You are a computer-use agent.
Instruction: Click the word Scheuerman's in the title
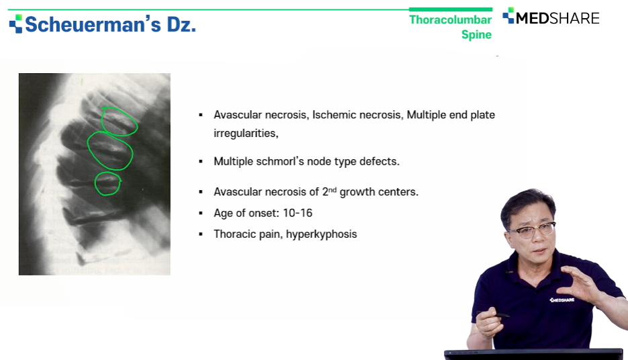(x=93, y=24)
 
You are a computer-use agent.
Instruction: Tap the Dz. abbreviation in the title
(x=181, y=24)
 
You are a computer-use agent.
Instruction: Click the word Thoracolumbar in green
(x=450, y=19)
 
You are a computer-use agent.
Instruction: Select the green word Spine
(x=476, y=34)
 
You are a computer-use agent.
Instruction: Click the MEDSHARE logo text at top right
(x=557, y=18)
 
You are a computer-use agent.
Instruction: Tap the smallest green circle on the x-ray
(x=96, y=183)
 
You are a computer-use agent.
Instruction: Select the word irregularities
(x=246, y=134)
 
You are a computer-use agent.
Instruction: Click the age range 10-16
(x=298, y=213)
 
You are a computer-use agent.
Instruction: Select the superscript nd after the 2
(x=332, y=189)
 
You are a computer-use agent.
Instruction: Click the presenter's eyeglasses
(x=532, y=230)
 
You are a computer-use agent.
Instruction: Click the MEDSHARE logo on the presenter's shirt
(x=562, y=300)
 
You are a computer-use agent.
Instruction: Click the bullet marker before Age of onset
(x=201, y=214)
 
